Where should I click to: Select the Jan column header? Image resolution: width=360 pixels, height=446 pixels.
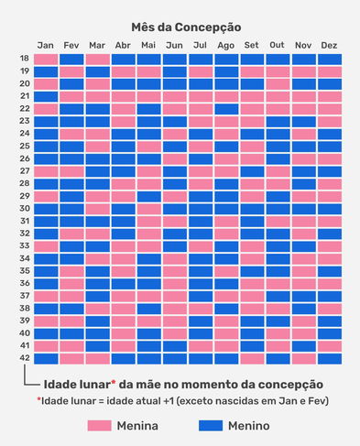pos(46,46)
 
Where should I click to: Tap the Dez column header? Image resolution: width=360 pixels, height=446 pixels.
pos(330,46)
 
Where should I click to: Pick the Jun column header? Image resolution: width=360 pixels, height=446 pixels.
pos(174,46)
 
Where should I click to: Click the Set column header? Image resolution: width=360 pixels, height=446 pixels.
pos(252,46)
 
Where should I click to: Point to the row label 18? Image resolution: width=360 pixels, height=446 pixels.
pos(25,59)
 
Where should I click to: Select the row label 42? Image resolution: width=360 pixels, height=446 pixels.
pos(25,359)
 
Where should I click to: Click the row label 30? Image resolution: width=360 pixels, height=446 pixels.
pos(25,209)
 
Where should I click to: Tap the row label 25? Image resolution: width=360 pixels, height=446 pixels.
pos(25,147)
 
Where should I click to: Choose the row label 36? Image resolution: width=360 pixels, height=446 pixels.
pos(25,284)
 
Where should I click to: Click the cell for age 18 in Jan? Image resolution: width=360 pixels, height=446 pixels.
pos(46,59)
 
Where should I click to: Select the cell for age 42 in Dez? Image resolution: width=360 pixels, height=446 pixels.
pos(330,359)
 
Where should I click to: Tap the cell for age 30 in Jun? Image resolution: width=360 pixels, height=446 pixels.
pos(174,209)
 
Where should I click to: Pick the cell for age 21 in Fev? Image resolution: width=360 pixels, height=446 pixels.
pos(71,96)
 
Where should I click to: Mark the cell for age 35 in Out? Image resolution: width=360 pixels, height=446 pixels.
pos(278,271)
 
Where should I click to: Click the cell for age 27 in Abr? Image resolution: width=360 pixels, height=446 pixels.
pos(123,171)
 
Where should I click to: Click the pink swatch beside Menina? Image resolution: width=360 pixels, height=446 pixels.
pos(106,426)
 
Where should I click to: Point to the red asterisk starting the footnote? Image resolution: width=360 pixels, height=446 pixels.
pos(38,401)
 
